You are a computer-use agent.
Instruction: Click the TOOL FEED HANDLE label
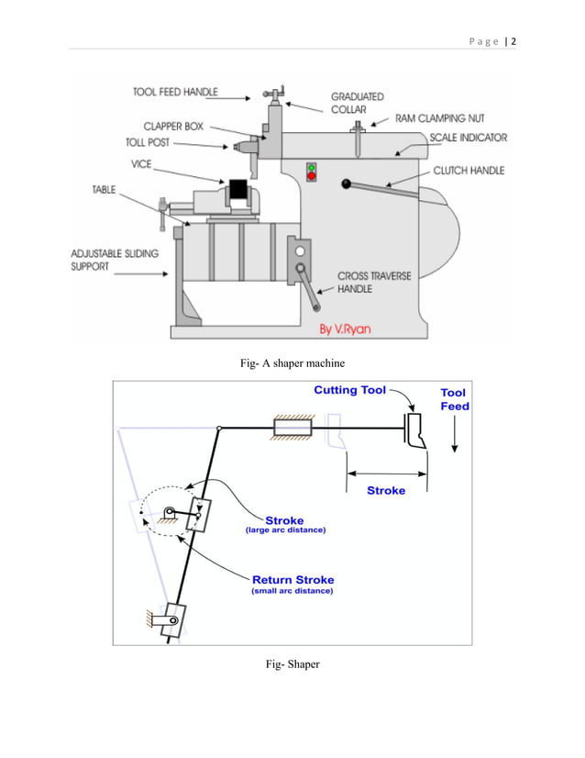pyautogui.click(x=175, y=92)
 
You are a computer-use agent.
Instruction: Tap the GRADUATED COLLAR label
pyautogui.click(x=357, y=102)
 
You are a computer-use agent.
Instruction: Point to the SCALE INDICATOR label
pyautogui.click(x=468, y=138)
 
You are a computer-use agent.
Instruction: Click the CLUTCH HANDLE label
pyautogui.click(x=469, y=171)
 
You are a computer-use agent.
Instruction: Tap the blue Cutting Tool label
pyautogui.click(x=349, y=390)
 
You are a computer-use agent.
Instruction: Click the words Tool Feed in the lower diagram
pyautogui.click(x=454, y=399)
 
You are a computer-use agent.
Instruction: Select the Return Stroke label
pyautogui.click(x=293, y=579)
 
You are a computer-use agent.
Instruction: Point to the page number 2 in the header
pyautogui.click(x=513, y=40)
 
